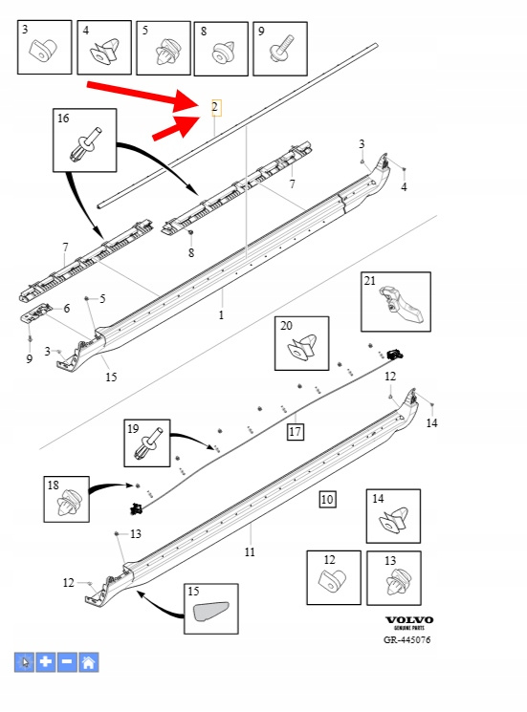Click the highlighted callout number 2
pyautogui.click(x=216, y=108)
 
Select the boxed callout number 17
pyautogui.click(x=296, y=431)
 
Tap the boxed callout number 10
pyautogui.click(x=327, y=500)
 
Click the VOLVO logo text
pyautogui.click(x=409, y=620)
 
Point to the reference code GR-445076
pyautogui.click(x=407, y=639)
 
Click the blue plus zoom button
pyautogui.click(x=46, y=662)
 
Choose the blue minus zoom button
pyautogui.click(x=67, y=662)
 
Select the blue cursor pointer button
pyautogui.click(x=24, y=662)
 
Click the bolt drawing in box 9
pyautogui.click(x=281, y=48)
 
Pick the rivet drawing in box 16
pyautogui.click(x=86, y=144)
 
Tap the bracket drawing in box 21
pyautogui.click(x=401, y=304)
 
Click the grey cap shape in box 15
pyautogui.click(x=211, y=611)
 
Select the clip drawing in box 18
pyautogui.click(x=67, y=503)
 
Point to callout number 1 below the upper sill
pyautogui.click(x=221, y=315)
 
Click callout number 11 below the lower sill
pyautogui.click(x=250, y=552)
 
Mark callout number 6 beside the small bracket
pyautogui.click(x=67, y=309)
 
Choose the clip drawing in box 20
pyautogui.click(x=302, y=347)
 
